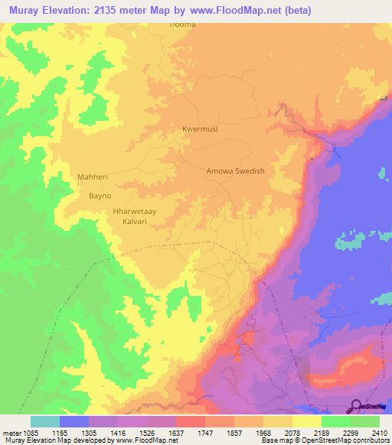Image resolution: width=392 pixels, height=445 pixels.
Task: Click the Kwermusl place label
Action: [200, 129]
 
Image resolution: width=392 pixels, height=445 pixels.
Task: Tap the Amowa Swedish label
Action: [235, 171]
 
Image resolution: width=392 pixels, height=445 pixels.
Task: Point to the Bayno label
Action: [101, 196]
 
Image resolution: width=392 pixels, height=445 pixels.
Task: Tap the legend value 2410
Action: [379, 431]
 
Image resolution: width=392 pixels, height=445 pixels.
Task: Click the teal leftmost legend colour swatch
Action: [45, 421]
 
